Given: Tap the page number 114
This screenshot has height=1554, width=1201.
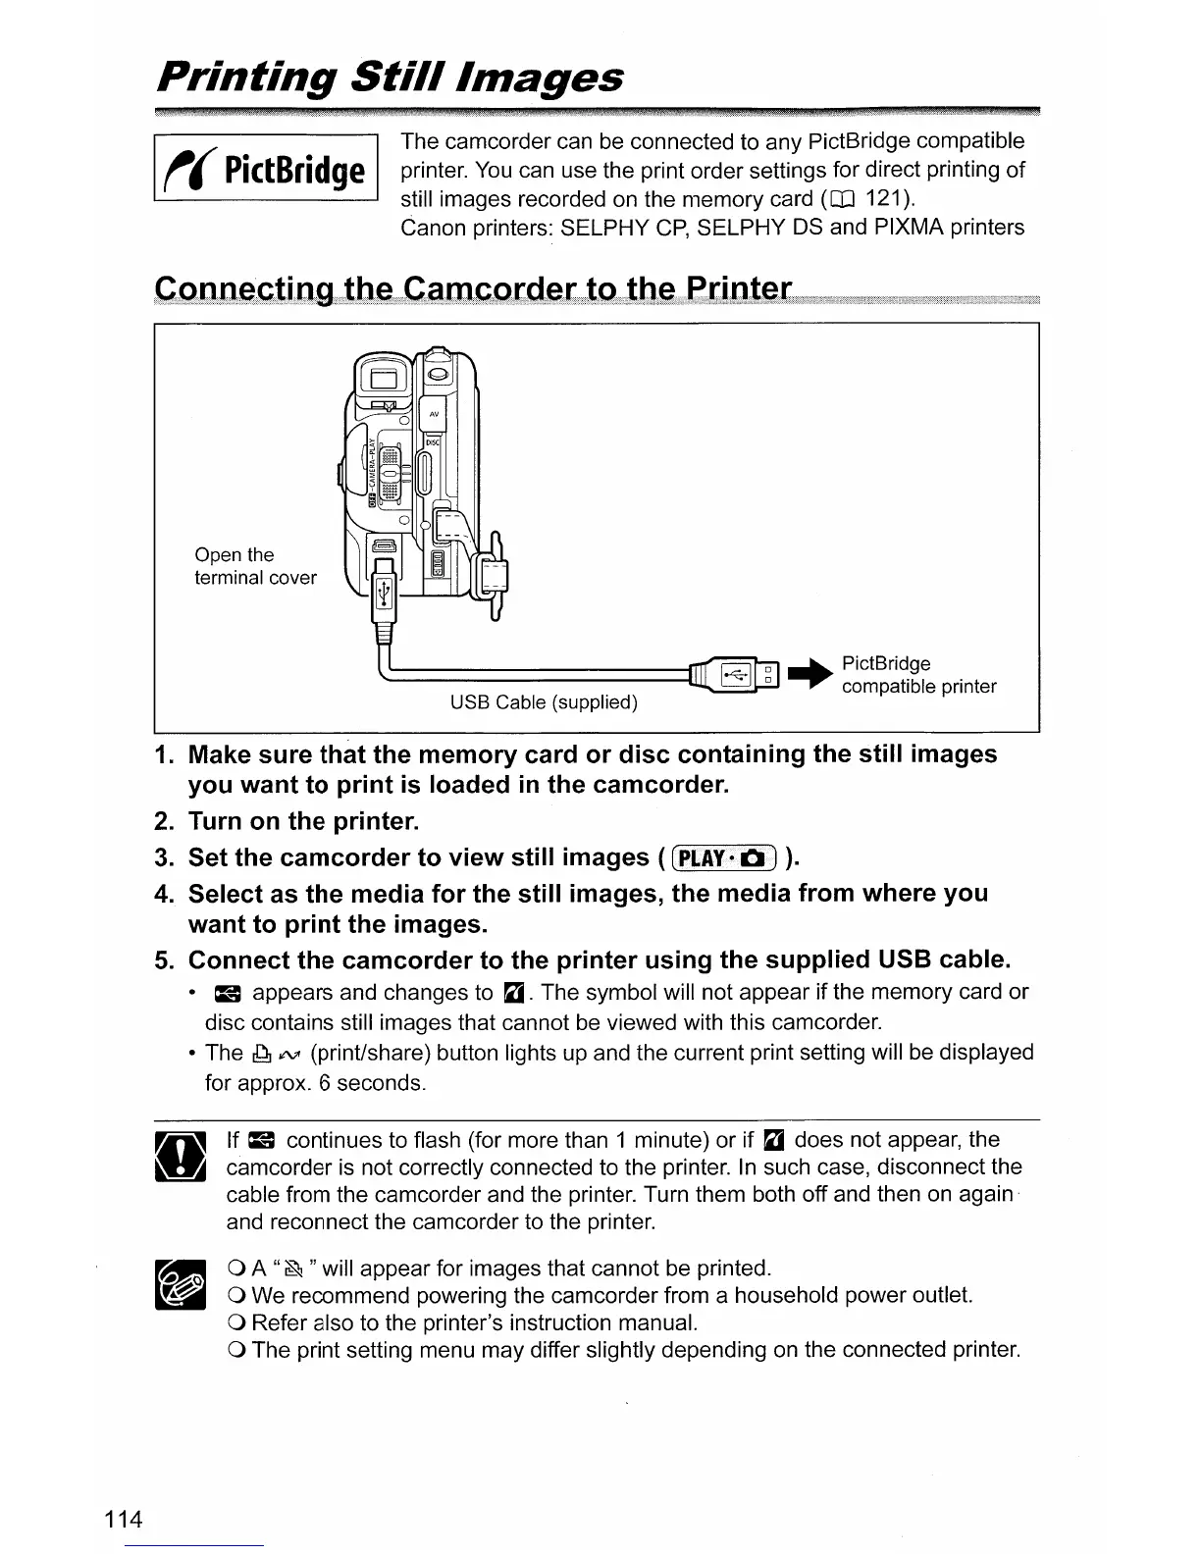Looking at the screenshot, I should click(x=125, y=1520).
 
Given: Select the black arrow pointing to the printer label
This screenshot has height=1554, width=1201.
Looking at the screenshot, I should click(x=813, y=674).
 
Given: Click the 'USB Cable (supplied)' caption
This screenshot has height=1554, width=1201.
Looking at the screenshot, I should click(x=544, y=702).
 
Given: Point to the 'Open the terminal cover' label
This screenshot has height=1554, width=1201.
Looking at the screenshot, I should click(x=255, y=566).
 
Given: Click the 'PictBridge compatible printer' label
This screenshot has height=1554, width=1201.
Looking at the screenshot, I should click(x=918, y=675).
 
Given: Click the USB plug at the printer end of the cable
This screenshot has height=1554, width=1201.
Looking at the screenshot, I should click(x=737, y=674).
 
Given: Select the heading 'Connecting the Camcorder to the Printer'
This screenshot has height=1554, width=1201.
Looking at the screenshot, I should click(x=473, y=289).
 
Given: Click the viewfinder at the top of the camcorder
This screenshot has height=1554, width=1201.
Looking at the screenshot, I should click(x=381, y=377).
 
